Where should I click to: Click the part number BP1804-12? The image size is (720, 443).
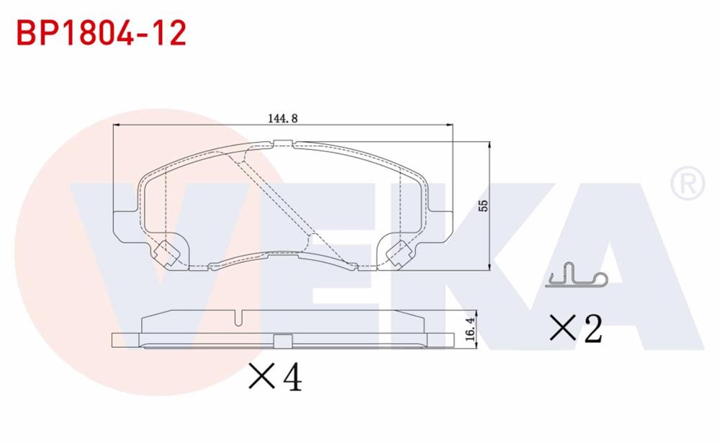pos(101,32)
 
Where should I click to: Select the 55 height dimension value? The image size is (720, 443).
pos(484,205)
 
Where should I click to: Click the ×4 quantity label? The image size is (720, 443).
pos(274,376)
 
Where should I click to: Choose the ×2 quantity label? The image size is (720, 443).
pos(575,328)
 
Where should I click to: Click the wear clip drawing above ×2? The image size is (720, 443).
pos(577,276)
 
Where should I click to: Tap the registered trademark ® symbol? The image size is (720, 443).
pos(688,184)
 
